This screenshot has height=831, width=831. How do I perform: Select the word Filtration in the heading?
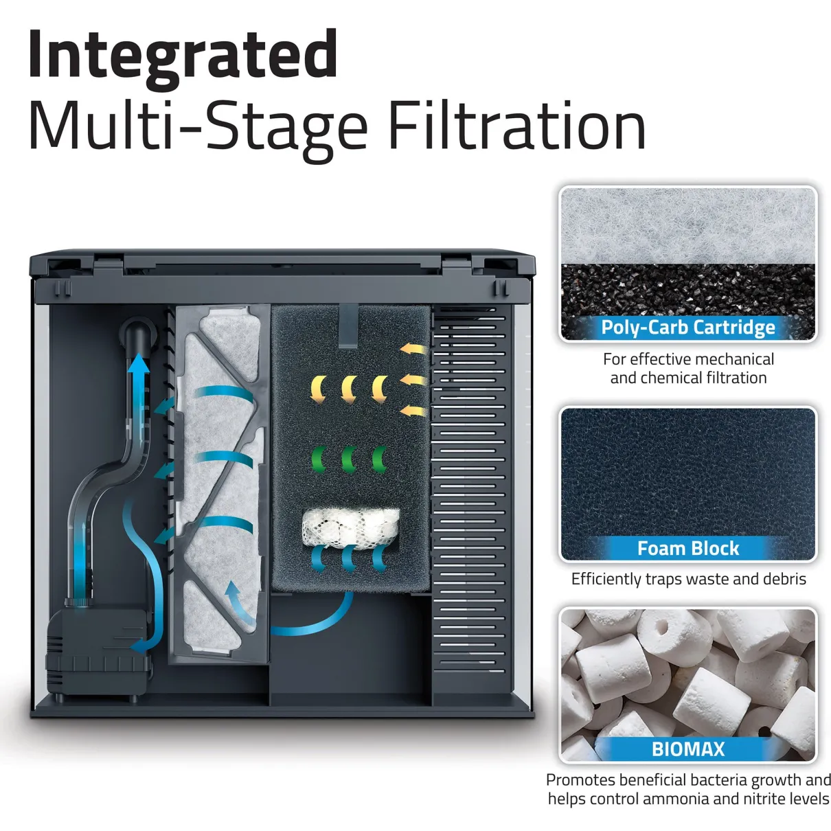(517, 125)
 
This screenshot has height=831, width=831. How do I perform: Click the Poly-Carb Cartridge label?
(688, 328)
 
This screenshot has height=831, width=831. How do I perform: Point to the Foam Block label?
(688, 548)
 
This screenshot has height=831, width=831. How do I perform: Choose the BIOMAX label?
(688, 749)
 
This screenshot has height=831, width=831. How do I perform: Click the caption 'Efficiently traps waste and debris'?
(688, 579)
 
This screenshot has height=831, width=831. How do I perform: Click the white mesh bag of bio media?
(350, 529)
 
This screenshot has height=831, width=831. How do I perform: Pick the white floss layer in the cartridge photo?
(688, 225)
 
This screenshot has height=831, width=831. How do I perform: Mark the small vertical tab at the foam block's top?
(348, 326)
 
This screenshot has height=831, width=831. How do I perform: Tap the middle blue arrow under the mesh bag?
(348, 559)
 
